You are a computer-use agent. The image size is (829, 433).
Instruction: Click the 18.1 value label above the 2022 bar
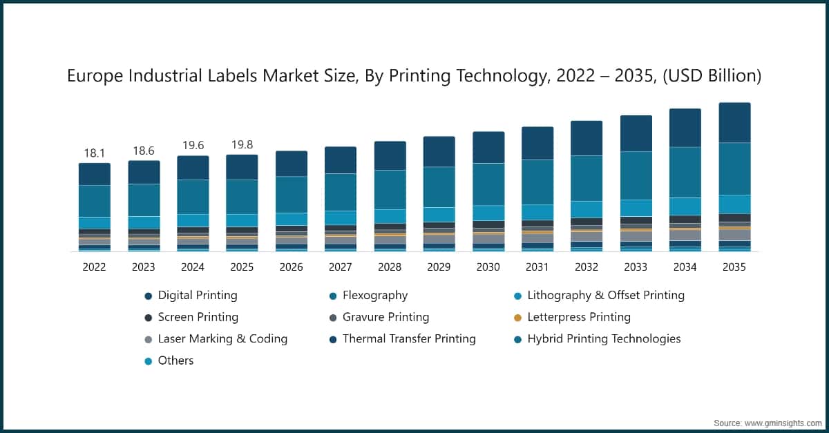pos(94,152)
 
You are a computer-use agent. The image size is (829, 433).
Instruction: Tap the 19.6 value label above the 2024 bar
pos(193,145)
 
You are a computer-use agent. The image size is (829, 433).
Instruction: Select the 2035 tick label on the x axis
pos(734,267)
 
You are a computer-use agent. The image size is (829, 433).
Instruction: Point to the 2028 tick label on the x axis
pos(390,267)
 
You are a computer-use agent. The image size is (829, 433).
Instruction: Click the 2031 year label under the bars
pos(537,267)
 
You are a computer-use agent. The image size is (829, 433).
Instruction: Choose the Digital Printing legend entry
pos(197,296)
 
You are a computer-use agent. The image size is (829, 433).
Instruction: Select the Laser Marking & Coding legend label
pos(222,339)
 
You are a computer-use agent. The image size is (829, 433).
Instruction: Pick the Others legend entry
pos(175,360)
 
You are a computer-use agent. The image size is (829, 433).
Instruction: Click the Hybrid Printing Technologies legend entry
pos(604,339)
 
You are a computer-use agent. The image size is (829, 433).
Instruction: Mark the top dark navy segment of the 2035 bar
pos(734,123)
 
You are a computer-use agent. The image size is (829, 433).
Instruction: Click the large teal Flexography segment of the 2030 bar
pos(488,184)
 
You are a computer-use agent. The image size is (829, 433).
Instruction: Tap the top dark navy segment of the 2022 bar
pos(94,174)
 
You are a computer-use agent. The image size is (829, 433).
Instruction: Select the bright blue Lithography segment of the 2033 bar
pos(636,208)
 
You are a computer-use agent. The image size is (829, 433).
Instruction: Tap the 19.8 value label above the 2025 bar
pos(242,144)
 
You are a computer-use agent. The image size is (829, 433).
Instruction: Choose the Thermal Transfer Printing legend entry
pos(409,339)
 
